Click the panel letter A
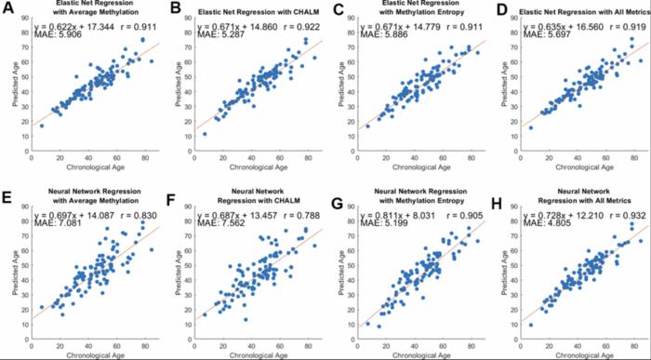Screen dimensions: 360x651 (9, 10)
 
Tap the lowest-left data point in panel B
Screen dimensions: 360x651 (206, 134)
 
